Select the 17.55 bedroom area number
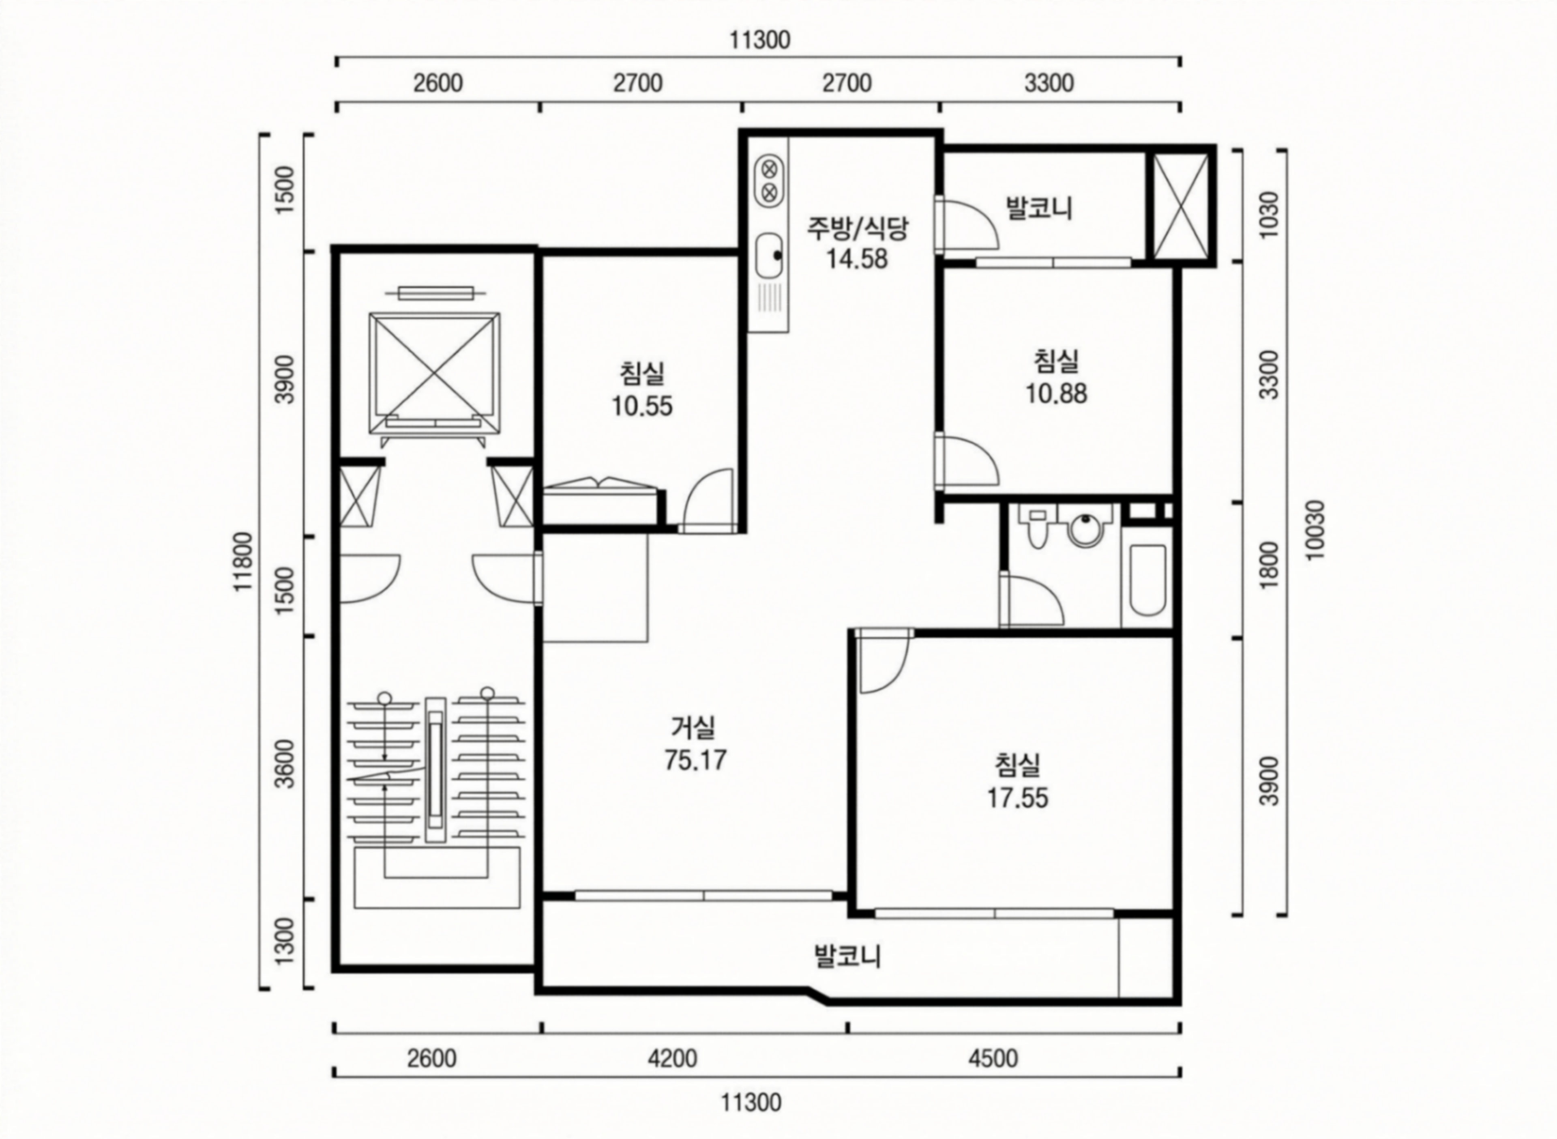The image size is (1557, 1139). click(1017, 798)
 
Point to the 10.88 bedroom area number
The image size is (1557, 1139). click(1056, 394)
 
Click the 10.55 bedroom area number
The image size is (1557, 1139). click(642, 406)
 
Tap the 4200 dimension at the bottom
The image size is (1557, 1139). click(673, 1057)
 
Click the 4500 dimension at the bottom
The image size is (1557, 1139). click(993, 1057)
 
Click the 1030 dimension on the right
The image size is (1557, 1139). click(1268, 215)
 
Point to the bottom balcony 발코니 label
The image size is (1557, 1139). click(848, 956)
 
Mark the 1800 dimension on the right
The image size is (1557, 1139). click(1268, 565)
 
